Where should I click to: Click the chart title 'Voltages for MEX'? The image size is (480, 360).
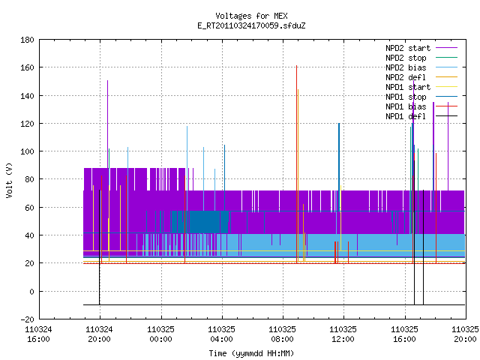coord(251,16)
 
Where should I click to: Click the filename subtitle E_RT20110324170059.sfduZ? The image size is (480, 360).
coord(251,25)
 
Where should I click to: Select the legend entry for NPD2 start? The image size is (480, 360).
coord(421,48)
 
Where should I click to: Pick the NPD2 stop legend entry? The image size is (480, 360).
coord(421,58)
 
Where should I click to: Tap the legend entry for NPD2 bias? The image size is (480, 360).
coord(421,67)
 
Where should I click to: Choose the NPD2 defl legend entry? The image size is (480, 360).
coord(421,77)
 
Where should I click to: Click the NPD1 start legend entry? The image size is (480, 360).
coord(421,87)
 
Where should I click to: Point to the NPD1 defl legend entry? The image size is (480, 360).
coord(421,116)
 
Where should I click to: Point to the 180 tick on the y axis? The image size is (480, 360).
coord(27,40)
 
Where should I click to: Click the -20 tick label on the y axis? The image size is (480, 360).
coord(27,319)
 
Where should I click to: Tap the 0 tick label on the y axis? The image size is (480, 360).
coord(31,292)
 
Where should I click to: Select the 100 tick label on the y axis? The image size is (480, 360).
coord(27,151)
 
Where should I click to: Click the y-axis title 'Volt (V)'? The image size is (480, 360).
coord(9,180)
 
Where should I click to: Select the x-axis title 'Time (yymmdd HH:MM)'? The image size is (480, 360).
coord(251,353)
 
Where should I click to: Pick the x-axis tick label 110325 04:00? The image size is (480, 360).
coord(222,334)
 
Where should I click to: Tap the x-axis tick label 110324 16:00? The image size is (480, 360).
coord(38,334)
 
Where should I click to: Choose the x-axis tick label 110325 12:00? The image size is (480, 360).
coord(343,334)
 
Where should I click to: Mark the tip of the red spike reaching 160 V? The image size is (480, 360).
coord(297,65)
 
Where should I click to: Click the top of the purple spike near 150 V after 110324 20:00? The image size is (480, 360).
coord(107,80)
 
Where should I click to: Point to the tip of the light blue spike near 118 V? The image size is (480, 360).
coord(187,126)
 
